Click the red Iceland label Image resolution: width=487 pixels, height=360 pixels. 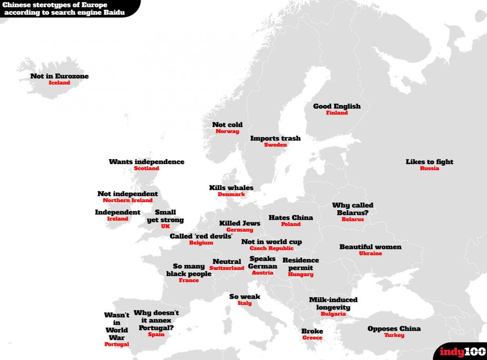60,83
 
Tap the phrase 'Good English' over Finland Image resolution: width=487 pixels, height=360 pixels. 337,106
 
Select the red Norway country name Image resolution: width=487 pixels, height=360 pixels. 227,131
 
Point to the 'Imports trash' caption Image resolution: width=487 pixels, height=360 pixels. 275,138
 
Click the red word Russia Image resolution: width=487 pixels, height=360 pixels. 429,169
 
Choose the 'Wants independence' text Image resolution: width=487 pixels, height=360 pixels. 146,162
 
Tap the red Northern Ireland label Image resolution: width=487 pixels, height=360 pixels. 127,200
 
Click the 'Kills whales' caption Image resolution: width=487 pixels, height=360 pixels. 231,188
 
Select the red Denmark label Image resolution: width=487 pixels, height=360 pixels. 231,194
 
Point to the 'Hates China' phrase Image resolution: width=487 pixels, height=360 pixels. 291,218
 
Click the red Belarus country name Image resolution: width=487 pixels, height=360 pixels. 353,219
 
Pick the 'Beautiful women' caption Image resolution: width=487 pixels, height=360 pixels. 370,247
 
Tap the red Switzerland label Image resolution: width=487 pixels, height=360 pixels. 227,268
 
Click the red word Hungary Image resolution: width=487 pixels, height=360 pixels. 301,274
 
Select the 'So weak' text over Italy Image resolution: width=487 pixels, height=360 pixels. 244,297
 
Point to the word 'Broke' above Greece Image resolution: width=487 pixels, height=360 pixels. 312,331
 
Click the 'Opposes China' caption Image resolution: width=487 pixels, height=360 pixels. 394,329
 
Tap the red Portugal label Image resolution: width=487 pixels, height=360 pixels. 117,344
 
